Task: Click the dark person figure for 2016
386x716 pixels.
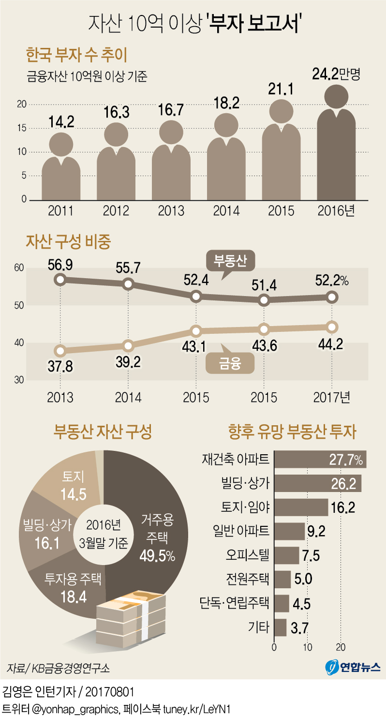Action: click(336, 150)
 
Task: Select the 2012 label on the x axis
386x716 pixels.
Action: click(116, 211)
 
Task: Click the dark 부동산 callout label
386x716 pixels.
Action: click(230, 262)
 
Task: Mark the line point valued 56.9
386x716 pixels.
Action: click(60, 279)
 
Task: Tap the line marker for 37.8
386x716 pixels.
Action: click(60, 350)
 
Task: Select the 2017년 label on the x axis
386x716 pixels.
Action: click(331, 397)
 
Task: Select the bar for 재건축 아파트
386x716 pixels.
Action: click(320, 460)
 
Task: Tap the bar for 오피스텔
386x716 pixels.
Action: click(286, 555)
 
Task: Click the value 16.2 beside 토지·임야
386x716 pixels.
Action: click(343, 507)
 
